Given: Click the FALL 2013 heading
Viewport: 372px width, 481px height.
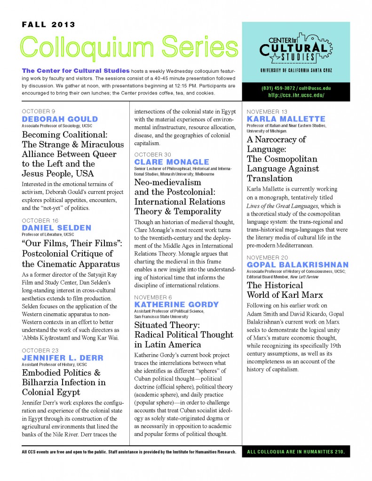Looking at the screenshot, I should click(x=48, y=25).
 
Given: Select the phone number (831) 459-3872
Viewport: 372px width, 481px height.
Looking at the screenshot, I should click(x=281, y=88).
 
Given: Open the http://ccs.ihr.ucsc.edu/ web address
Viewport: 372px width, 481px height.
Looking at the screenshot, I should click(x=296, y=95).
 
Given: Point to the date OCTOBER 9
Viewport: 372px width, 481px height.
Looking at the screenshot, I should click(x=39, y=112).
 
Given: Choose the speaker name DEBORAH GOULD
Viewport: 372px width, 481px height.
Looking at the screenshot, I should click(x=60, y=119).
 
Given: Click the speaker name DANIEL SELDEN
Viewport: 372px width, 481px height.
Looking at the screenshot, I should click(x=56, y=228).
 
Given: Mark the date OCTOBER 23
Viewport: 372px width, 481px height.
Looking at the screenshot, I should click(x=40, y=350).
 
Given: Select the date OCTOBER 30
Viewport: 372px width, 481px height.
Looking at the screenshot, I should click(x=153, y=155).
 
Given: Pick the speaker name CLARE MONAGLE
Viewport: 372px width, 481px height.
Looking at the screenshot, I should click(x=172, y=162).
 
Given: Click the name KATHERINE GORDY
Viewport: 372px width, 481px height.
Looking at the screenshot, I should click(x=176, y=305).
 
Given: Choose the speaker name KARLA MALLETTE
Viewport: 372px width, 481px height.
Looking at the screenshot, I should click(x=286, y=119).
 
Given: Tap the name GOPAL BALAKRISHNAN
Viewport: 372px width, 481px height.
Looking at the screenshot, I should click(x=298, y=265).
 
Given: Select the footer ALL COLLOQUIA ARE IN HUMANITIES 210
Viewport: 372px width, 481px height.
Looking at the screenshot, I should click(x=296, y=452).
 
